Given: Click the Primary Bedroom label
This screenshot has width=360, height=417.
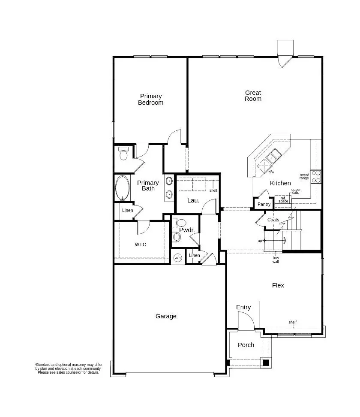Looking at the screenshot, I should pyautogui.click(x=150, y=100).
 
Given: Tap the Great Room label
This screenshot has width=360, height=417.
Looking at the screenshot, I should pyautogui.click(x=253, y=96).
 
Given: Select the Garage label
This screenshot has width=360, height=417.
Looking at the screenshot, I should pyautogui.click(x=166, y=316).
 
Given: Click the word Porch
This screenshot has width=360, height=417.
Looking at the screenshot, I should pyautogui.click(x=246, y=345).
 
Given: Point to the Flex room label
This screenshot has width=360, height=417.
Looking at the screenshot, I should pyautogui.click(x=278, y=285).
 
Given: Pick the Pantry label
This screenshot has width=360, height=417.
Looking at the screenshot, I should pyautogui.click(x=264, y=205).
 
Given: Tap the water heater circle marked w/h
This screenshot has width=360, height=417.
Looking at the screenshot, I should pyautogui.click(x=178, y=258).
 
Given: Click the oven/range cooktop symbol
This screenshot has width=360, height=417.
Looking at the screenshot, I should pyautogui.click(x=316, y=176).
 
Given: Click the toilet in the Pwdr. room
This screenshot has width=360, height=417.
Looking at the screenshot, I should pyautogui.click(x=181, y=223).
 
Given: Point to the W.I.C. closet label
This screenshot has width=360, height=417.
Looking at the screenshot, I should pyautogui.click(x=141, y=245).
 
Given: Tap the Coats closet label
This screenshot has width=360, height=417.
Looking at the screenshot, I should pyautogui.click(x=273, y=220).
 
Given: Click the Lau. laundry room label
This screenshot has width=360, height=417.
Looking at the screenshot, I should pyautogui.click(x=193, y=200).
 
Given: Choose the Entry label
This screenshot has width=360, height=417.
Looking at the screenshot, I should pyautogui.click(x=243, y=307).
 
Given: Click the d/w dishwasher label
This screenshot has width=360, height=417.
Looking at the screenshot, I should pyautogui.click(x=271, y=172).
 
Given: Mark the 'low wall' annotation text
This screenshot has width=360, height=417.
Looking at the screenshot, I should pyautogui.click(x=276, y=259).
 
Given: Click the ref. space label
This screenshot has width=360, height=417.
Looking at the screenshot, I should pyautogui.click(x=283, y=199).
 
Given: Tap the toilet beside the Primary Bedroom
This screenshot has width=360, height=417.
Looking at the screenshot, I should pyautogui.click(x=124, y=154).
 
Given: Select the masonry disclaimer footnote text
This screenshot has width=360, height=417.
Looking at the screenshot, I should pyautogui.click(x=69, y=369).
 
